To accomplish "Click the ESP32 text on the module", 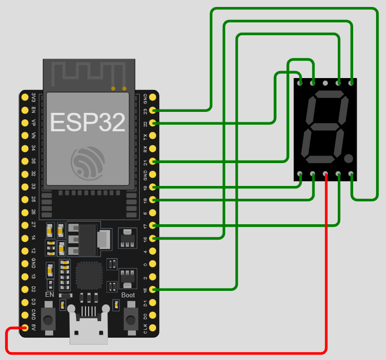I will [x=88, y=122].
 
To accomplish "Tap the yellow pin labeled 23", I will [x=153, y=110].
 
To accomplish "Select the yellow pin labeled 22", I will [x=153, y=123].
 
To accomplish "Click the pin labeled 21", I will [x=153, y=162].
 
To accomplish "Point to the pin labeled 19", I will [x=153, y=187].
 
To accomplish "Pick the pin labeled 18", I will [x=153, y=200].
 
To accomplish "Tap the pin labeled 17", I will [x=153, y=226].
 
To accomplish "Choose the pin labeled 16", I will [x=153, y=239].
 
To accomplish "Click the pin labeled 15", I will [x=153, y=289].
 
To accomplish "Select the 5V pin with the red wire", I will [x=24, y=328].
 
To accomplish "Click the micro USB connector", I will [x=89, y=328].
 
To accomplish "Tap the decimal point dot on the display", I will [x=348, y=159].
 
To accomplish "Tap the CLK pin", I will [x=153, y=328].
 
